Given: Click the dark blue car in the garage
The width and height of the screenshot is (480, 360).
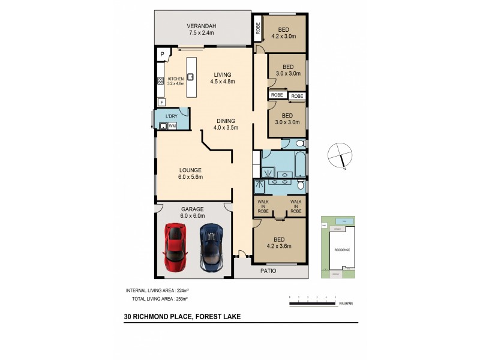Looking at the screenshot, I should point(211,247).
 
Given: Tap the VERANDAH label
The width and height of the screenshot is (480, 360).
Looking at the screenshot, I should point(201,29).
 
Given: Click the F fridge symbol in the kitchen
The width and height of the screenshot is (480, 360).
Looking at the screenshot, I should point(161,102).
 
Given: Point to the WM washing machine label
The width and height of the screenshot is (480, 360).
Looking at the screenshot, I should point(172,126).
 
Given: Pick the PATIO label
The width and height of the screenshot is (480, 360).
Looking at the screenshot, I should point(268,271).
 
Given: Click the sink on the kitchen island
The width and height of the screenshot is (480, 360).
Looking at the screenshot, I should point(190,77).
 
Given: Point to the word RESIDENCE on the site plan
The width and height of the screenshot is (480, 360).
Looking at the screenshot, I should point(343,250).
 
